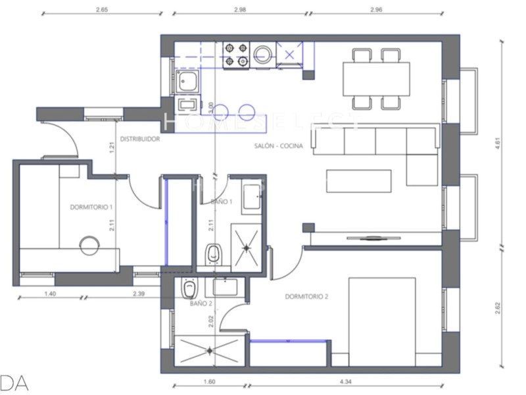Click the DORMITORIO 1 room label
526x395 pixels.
(x=92, y=207)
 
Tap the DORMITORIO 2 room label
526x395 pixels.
(x=306, y=296)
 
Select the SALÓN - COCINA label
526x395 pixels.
(x=278, y=146)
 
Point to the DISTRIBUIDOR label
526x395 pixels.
(x=139, y=139)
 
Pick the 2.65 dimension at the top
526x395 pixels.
(x=102, y=10)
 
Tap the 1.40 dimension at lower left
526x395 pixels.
(x=49, y=294)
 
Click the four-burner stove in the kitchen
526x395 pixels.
(x=237, y=55)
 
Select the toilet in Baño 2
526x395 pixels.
(x=189, y=288)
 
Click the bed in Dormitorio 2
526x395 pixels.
(x=382, y=319)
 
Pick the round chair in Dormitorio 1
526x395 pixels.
(x=89, y=246)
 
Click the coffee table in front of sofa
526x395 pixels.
(x=359, y=181)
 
